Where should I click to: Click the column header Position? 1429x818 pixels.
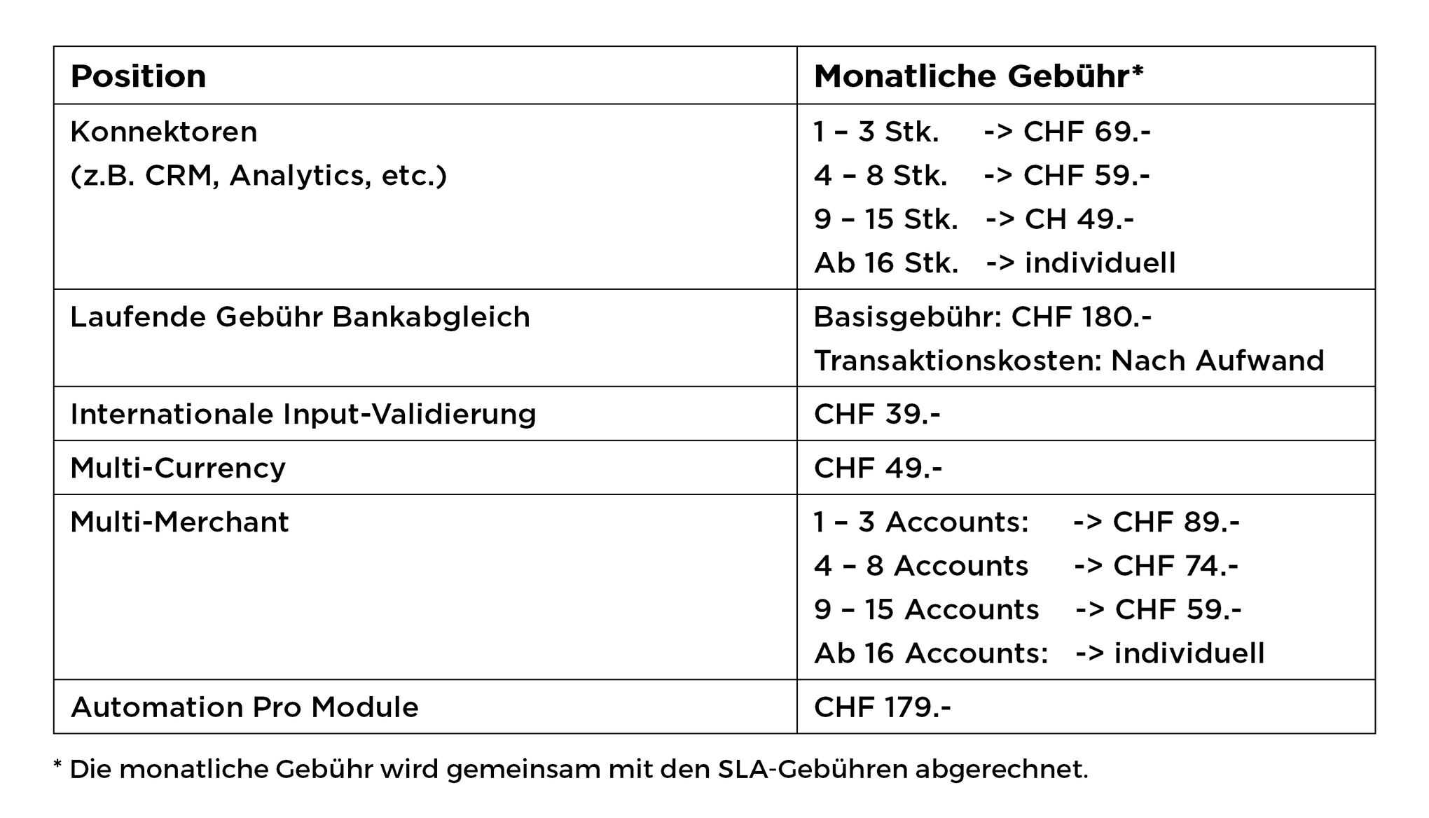(x=138, y=76)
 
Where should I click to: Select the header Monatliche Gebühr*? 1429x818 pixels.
(x=978, y=76)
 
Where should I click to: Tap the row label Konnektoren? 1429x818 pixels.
(x=164, y=132)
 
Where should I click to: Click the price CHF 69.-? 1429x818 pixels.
(x=1086, y=132)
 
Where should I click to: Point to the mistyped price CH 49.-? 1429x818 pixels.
(x=1079, y=220)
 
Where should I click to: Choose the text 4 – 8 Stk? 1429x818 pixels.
(x=880, y=176)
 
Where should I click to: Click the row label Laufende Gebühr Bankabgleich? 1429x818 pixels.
(x=300, y=317)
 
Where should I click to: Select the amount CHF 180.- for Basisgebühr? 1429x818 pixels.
(x=1082, y=317)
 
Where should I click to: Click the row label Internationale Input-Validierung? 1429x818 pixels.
(x=303, y=414)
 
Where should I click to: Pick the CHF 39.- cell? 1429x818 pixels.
(x=877, y=414)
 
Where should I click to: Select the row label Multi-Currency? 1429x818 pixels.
(x=178, y=468)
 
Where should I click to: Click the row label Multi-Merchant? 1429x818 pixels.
(x=179, y=522)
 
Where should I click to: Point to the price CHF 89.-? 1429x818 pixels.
(x=1175, y=522)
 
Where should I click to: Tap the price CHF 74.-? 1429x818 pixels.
(x=1175, y=566)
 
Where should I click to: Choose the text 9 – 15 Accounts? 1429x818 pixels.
(x=926, y=610)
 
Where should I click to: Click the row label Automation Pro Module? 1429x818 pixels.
(x=244, y=707)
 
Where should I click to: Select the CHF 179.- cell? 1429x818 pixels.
(x=882, y=707)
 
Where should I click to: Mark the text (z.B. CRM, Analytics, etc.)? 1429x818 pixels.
(x=258, y=176)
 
